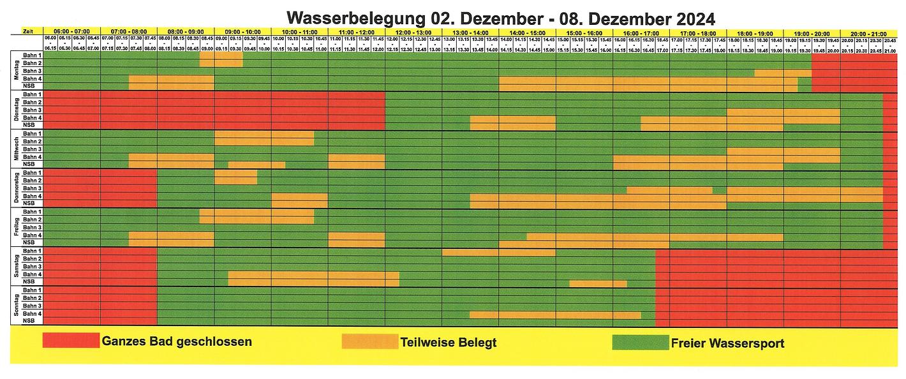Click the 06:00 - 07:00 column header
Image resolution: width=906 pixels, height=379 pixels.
pos(71,31)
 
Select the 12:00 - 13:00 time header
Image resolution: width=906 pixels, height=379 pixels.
pos(413,31)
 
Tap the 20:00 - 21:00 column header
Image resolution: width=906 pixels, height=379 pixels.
pos(868,31)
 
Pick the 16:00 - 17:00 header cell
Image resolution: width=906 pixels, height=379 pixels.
pos(641,31)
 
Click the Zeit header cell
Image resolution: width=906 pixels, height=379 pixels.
pos(27,31)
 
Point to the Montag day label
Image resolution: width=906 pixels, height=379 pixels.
pos(17,71)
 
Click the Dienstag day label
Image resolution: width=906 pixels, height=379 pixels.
pos(17,110)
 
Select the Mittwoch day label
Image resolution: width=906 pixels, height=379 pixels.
pos(17,149)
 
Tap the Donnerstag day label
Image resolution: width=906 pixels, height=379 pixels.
pos(17,188)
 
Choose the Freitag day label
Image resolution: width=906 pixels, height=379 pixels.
pos(17,227)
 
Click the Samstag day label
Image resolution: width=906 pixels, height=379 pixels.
pos(17,267)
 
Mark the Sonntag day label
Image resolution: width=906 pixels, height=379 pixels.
pos(17,306)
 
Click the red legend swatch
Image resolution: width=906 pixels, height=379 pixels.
pos(71,341)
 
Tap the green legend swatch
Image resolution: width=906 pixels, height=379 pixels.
pos(640,342)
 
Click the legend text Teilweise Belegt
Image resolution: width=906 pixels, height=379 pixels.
pos(449,343)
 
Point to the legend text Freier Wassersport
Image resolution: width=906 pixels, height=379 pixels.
pos(727,343)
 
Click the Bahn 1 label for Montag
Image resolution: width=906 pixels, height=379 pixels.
pos(33,56)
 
